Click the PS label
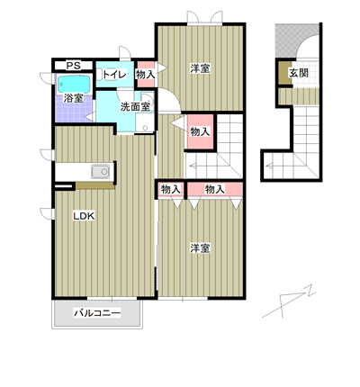tap(73, 66)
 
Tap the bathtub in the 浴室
tap(74, 84)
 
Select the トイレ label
tap(114, 75)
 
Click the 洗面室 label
tap(135, 106)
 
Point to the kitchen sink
tap(101, 172)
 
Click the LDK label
tap(84, 216)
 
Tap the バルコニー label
tap(97, 313)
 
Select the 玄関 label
tap(299, 73)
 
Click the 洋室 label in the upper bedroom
tap(200, 68)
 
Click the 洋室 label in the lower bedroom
tap(200, 248)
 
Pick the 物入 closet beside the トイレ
tap(146, 75)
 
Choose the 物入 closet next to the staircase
tap(200, 131)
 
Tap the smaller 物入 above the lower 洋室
tap(171, 189)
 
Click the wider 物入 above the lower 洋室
tap(215, 189)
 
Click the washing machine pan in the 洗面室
tap(145, 122)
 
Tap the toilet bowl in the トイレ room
tap(99, 75)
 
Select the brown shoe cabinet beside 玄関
tap(283, 73)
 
